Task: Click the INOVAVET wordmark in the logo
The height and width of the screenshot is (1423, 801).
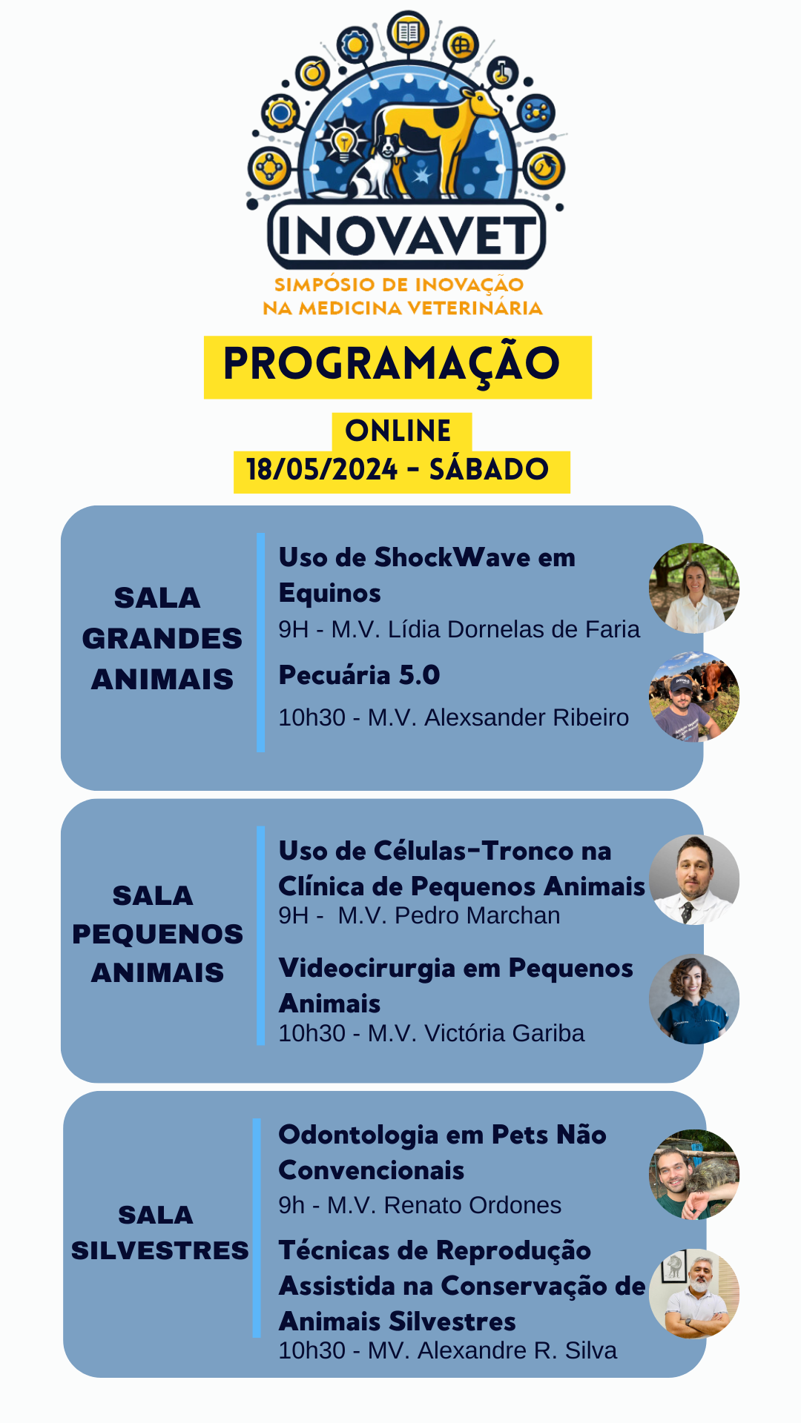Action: click(406, 235)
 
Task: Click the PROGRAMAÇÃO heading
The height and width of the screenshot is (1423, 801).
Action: click(392, 364)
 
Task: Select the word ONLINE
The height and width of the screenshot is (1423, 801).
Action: click(398, 431)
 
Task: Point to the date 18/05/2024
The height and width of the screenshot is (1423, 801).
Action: click(322, 469)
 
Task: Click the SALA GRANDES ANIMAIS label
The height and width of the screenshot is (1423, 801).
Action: click(162, 638)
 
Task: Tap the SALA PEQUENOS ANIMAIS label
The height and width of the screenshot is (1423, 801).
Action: click(157, 933)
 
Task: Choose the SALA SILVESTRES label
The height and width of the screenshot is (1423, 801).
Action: click(160, 1233)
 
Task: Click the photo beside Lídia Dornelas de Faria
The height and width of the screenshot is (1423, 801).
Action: click(694, 588)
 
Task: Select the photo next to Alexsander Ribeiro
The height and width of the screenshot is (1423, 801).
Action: click(694, 697)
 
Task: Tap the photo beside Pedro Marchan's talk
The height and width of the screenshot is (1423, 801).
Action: click(694, 880)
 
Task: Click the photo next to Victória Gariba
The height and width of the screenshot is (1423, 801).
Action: click(694, 999)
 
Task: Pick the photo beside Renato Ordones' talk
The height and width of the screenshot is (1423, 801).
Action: click(694, 1174)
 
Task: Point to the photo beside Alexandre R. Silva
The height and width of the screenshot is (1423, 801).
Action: click(694, 1294)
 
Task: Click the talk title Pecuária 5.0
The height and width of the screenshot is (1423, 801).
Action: click(359, 676)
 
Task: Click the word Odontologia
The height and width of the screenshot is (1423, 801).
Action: click(358, 1135)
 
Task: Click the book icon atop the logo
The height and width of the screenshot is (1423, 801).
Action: click(409, 32)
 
